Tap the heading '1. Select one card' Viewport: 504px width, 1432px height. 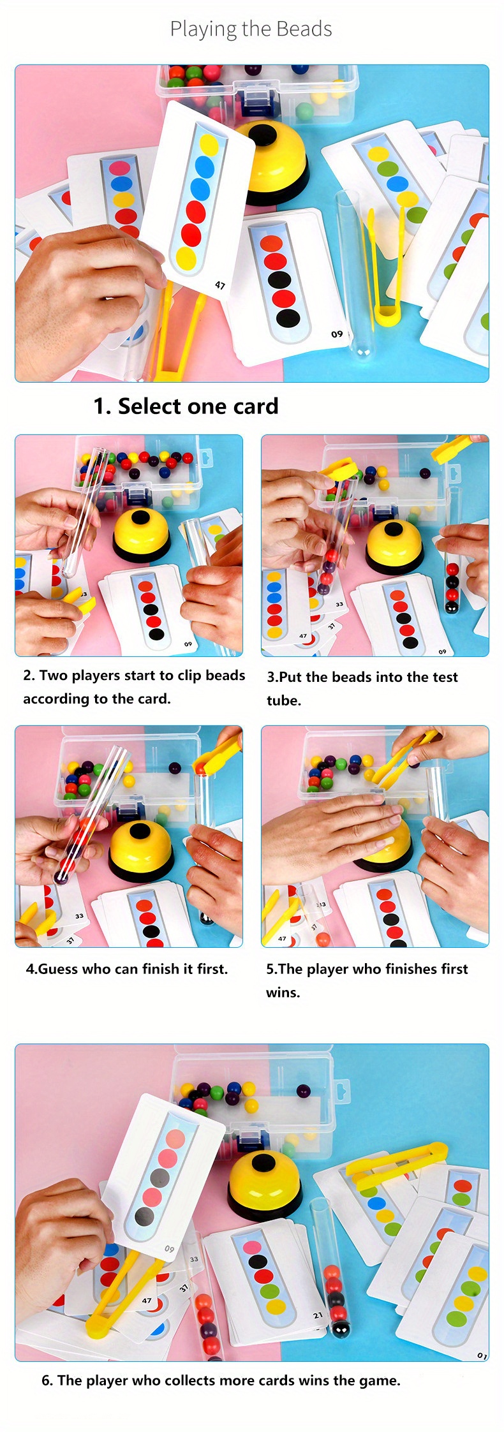click(x=186, y=406)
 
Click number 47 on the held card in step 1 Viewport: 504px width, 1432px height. click(x=220, y=285)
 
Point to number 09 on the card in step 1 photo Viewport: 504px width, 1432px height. click(x=337, y=334)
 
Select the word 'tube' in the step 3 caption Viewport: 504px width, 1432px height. click(x=283, y=700)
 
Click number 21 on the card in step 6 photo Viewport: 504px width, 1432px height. click(x=318, y=1315)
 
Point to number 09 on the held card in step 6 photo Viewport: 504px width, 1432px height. click(x=169, y=1248)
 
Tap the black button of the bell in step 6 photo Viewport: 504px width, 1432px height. click(x=263, y=1163)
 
